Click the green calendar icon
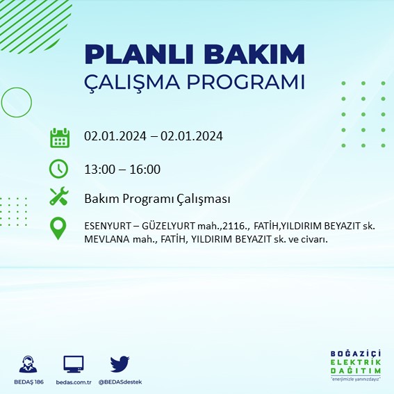[x=59, y=137]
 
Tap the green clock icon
[x=59, y=169]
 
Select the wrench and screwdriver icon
[x=59, y=197]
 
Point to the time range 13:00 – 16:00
[x=122, y=169]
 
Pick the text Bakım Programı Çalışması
[x=156, y=199]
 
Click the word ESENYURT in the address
[x=108, y=226]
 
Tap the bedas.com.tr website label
[x=73, y=382]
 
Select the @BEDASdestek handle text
[x=120, y=382]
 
